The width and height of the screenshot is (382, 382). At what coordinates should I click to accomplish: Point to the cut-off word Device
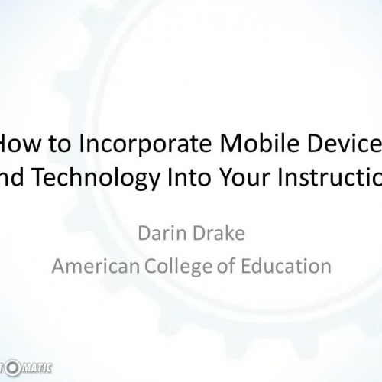(337, 143)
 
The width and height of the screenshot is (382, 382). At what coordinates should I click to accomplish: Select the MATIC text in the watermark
(37, 368)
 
